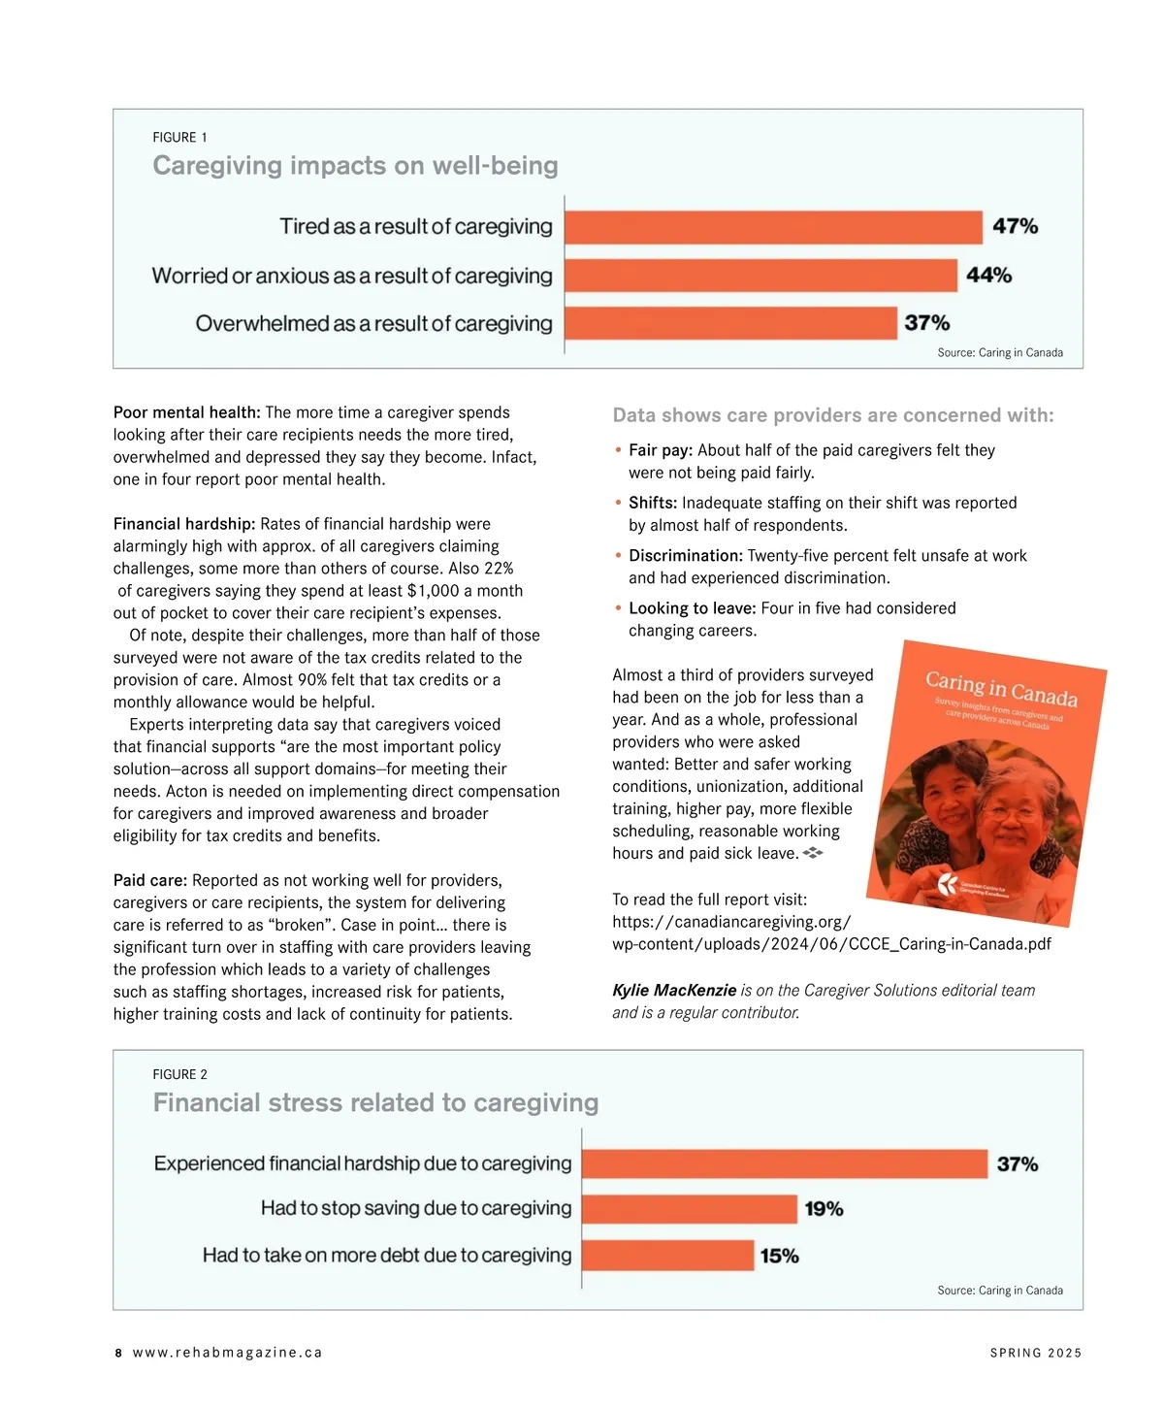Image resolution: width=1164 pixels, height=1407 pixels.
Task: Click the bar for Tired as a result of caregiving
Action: tap(773, 227)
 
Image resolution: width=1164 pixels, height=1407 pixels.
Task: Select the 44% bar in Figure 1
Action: tap(760, 276)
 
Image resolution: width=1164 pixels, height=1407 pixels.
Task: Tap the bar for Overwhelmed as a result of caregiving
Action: tap(730, 323)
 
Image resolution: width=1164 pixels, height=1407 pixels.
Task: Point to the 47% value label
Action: tap(1015, 226)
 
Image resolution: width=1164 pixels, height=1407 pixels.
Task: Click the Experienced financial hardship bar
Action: tap(785, 1163)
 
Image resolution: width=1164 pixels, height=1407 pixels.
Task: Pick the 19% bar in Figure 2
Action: tap(690, 1209)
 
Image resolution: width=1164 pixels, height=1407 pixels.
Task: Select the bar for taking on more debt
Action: tap(668, 1256)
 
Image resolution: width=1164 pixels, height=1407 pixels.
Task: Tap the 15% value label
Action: tap(780, 1256)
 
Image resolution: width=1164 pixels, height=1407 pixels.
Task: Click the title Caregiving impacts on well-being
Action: tap(355, 166)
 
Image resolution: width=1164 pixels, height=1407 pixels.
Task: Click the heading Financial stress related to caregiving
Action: tap(375, 1103)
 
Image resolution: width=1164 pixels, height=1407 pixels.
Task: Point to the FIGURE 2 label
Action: tap(179, 1074)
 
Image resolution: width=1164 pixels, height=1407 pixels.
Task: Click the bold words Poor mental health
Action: tap(186, 412)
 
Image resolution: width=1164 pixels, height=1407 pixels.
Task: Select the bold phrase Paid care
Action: tap(149, 880)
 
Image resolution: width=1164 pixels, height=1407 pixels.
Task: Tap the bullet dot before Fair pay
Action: tap(618, 450)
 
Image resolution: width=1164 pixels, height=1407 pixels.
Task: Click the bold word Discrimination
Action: tap(685, 556)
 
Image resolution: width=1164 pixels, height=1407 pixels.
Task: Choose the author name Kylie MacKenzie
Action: tap(674, 990)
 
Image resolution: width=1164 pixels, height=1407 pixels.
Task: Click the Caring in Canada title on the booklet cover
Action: tap(1001, 686)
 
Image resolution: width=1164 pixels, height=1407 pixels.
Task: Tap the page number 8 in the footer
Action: tap(118, 1353)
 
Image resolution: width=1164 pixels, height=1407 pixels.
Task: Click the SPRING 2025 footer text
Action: tap(1035, 1353)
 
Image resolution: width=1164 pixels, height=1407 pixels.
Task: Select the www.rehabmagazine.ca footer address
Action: tap(227, 1353)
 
